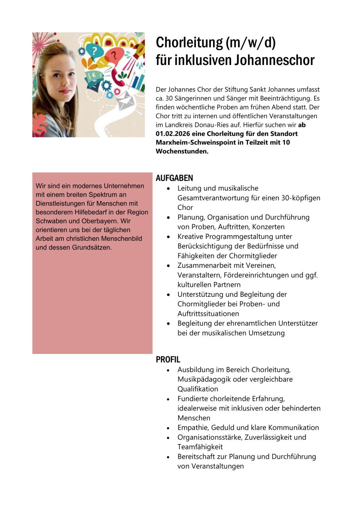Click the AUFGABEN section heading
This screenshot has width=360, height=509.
point(174,178)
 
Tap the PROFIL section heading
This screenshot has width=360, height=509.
point(168,359)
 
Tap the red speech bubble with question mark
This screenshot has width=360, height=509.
point(115,55)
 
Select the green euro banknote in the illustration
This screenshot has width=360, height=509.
point(94,75)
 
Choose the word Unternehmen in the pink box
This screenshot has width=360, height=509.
point(124,186)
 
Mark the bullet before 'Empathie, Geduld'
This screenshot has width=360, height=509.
point(168,428)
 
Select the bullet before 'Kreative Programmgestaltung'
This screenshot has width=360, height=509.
point(168,237)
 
